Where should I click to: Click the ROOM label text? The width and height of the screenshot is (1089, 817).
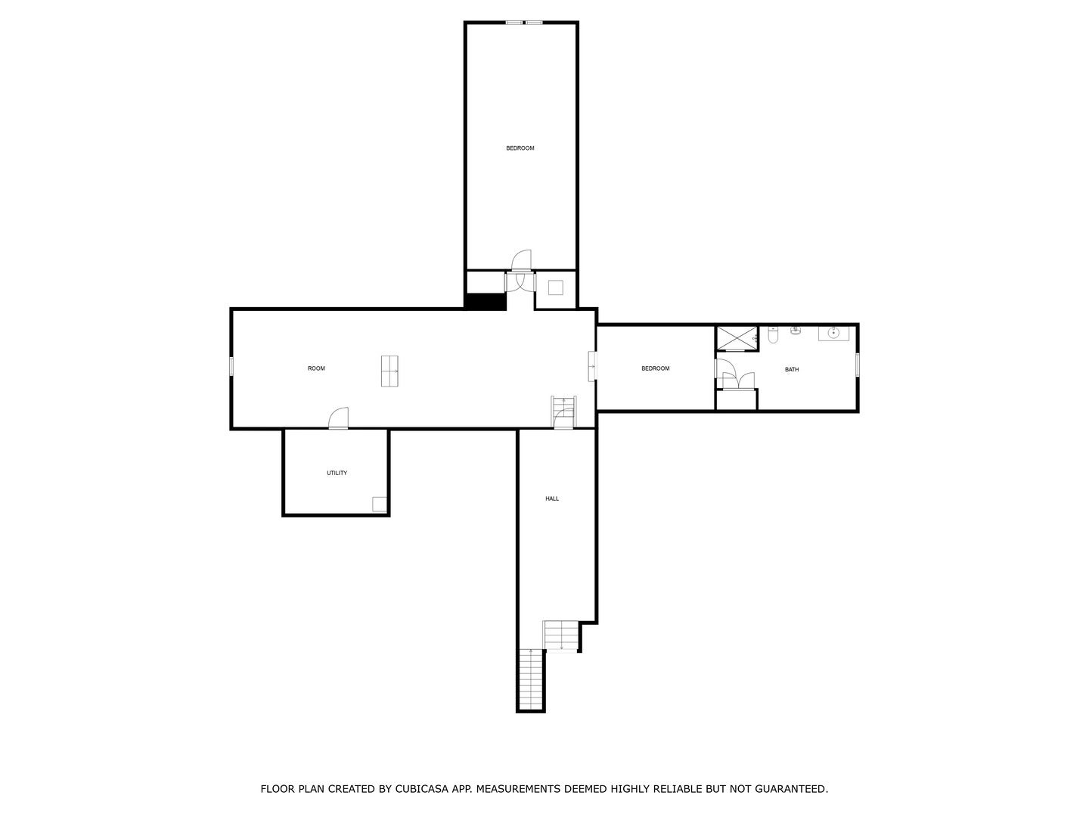click(316, 368)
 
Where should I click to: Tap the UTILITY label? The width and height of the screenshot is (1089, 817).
click(337, 474)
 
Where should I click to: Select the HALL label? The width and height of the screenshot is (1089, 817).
click(552, 499)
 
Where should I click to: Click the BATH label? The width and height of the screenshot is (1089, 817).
click(792, 370)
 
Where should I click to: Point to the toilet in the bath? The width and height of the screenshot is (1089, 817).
click(773, 334)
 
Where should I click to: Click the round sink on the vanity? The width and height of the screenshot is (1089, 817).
click(833, 333)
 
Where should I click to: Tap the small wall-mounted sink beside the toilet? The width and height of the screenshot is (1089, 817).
click(796, 330)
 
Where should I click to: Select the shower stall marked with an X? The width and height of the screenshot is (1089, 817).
click(737, 338)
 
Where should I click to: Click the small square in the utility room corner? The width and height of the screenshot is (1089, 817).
click(379, 504)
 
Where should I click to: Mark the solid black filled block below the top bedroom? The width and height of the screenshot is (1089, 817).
click(486, 301)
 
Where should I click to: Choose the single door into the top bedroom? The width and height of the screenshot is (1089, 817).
click(521, 261)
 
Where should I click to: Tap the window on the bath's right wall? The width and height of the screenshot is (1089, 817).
click(858, 365)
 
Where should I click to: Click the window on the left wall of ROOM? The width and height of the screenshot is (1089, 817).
click(231, 366)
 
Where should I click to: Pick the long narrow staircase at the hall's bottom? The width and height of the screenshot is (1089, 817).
click(531, 679)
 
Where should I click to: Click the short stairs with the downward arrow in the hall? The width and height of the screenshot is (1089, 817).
click(561, 635)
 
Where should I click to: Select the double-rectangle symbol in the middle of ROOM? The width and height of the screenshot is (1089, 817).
click(390, 371)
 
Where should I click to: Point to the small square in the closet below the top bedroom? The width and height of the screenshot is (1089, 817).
click(556, 287)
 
